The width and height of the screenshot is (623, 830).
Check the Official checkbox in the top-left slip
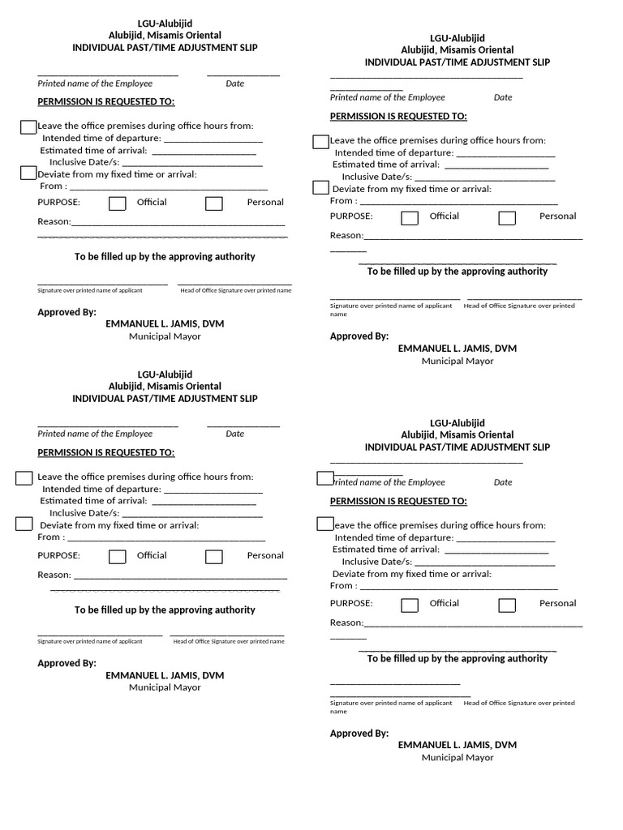118,203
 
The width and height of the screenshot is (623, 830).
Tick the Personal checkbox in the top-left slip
214,203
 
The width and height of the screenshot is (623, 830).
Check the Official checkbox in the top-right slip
410,217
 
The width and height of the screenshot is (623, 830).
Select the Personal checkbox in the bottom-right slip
507,605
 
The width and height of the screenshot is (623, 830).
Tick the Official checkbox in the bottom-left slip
118,556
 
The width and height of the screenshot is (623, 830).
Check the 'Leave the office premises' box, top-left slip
28,126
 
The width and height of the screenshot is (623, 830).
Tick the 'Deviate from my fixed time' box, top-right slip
320,188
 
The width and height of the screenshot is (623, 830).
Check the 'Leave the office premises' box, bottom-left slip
24,477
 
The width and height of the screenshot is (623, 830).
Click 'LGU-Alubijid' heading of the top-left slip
165,24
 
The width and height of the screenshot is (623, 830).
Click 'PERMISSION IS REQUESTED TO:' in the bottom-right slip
398,502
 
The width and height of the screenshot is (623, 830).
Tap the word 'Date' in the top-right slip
503,97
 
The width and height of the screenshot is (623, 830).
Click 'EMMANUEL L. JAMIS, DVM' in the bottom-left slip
165,675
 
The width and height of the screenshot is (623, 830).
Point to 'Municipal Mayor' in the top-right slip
457,361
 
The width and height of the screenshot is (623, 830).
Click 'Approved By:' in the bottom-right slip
359,734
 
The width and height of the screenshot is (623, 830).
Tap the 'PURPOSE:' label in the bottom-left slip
58,555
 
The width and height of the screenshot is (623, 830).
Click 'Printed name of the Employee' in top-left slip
95,83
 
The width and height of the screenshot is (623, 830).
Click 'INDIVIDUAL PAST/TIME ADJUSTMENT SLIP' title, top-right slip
457,62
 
